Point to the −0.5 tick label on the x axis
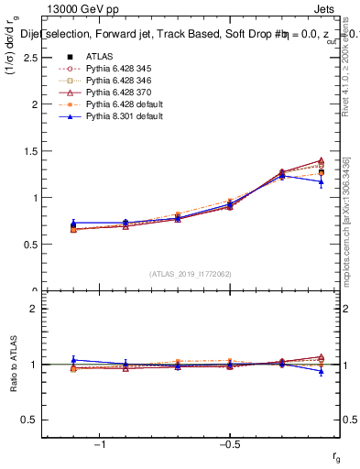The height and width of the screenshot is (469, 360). (229, 443)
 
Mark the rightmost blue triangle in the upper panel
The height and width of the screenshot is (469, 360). (321, 182)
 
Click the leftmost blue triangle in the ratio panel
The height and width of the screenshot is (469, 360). (73, 360)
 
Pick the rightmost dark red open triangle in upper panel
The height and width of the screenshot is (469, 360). (321, 161)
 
